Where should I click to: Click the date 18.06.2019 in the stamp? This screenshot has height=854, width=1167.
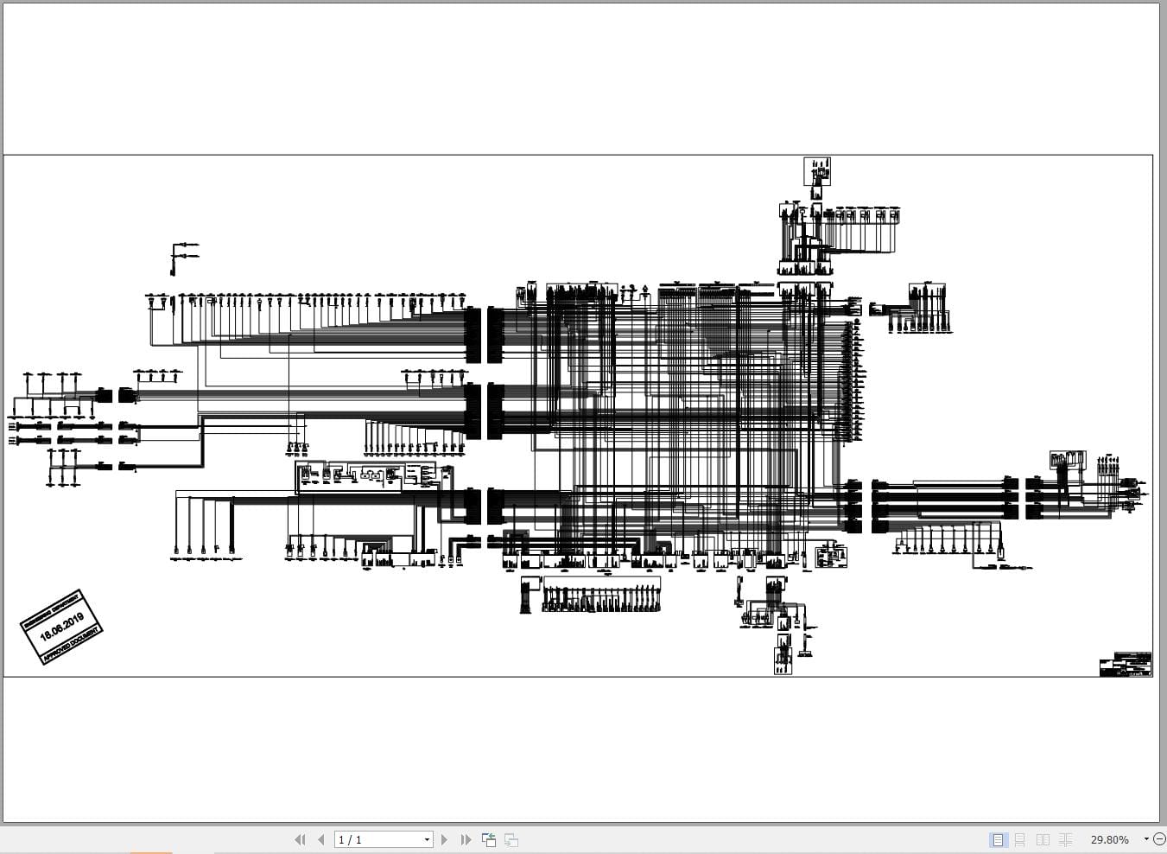61,627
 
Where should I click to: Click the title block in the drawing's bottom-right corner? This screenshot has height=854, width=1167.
1125,665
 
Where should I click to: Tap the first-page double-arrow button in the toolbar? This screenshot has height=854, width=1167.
300,839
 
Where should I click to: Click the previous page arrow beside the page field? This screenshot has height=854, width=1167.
321,839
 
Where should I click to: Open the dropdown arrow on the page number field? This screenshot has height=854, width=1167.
427,839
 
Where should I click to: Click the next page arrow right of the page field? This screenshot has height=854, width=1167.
444,839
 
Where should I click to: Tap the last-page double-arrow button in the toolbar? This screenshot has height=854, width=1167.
466,839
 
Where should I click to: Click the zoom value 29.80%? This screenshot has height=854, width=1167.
1109,839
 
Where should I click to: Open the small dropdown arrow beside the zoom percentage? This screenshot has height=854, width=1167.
1146,839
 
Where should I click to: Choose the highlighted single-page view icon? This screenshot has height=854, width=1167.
998,839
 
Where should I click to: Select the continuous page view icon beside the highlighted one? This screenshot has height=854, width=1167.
1020,839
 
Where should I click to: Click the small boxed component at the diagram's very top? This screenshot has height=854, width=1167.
817,171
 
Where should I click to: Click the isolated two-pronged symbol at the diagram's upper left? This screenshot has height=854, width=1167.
183,256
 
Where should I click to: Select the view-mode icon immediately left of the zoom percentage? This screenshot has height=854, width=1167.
1066,839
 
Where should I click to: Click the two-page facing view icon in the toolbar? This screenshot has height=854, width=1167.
1043,839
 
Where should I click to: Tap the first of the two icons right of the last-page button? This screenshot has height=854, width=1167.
489,839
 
